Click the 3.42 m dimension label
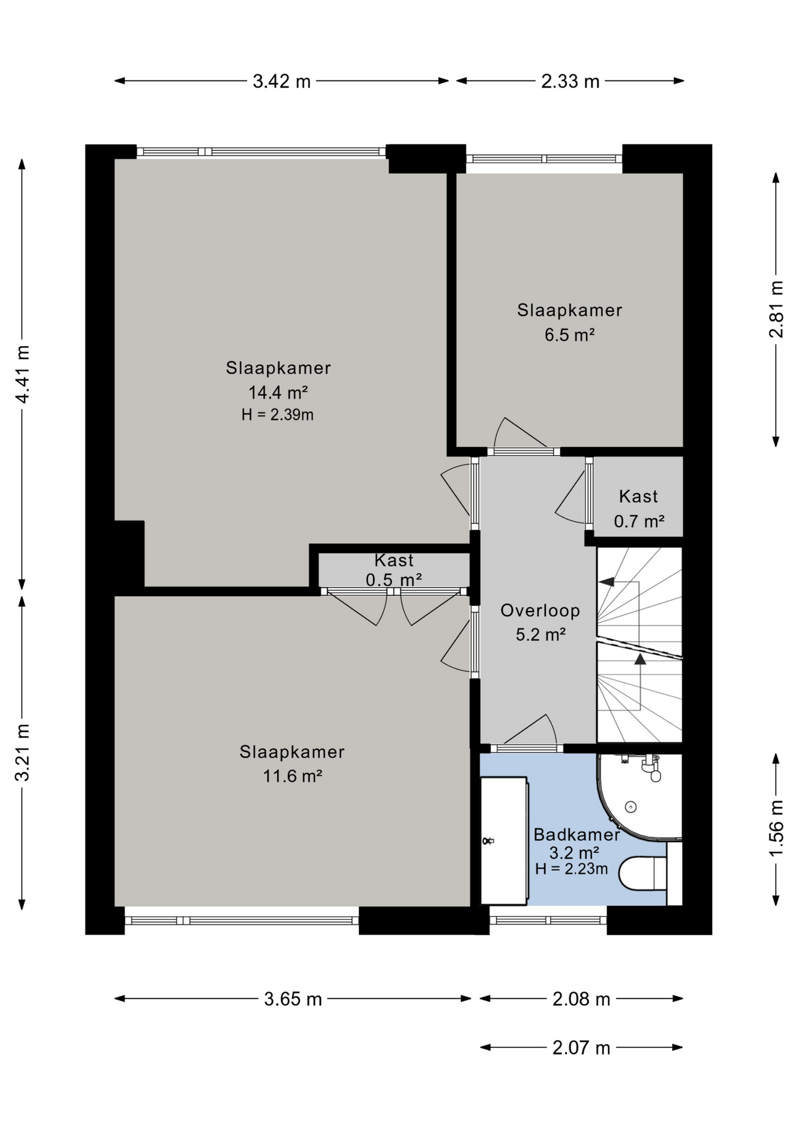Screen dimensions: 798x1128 pyautogui.click(x=281, y=81)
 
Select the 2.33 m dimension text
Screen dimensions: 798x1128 pyautogui.click(x=570, y=81)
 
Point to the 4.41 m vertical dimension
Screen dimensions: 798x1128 pyautogui.click(x=22, y=374)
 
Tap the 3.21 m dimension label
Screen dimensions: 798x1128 pyautogui.click(x=22, y=752)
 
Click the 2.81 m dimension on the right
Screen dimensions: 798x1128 pyautogui.click(x=776, y=309)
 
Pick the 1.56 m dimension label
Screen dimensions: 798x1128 pyautogui.click(x=776, y=829)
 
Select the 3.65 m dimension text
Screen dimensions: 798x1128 pyautogui.click(x=293, y=999)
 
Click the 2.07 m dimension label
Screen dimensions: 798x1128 pyautogui.click(x=581, y=1048)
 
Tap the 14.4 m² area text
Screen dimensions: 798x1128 pyautogui.click(x=278, y=392)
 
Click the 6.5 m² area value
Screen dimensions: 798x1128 pyautogui.click(x=569, y=335)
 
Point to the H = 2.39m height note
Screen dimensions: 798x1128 pyautogui.click(x=277, y=415)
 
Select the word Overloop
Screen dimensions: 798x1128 pyautogui.click(x=540, y=610)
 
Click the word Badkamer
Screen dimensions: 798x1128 pyautogui.click(x=576, y=834)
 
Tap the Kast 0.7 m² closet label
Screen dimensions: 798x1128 pyautogui.click(x=639, y=509)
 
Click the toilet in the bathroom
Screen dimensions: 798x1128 pyautogui.click(x=643, y=873)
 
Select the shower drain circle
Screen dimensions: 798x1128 pyautogui.click(x=631, y=807)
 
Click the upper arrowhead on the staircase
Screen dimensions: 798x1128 pyautogui.click(x=606, y=582)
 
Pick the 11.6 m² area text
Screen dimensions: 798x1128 pyautogui.click(x=292, y=776)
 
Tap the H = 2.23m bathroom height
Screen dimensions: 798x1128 pyautogui.click(x=571, y=869)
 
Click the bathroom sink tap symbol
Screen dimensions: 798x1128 pyautogui.click(x=487, y=841)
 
